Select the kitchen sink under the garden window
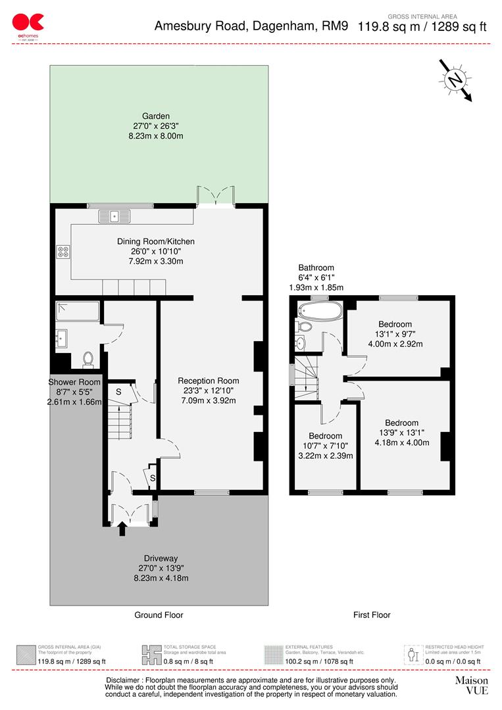pos(114,215)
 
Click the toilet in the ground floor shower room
pos(88,358)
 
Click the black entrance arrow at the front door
pos(122,529)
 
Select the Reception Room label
pos(208,381)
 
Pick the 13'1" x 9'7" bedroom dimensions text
pos(395,334)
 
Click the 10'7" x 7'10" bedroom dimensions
pos(325,446)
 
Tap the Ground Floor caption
pos(158,615)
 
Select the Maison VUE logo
pos(472,685)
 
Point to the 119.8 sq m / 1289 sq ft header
pos(422,27)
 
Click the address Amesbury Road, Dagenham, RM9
pos(253,27)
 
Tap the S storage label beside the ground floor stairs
pos(118,392)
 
